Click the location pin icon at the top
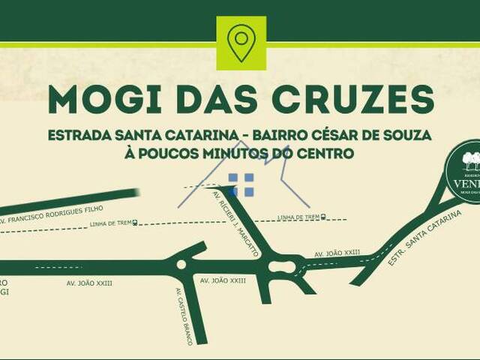click(241, 42)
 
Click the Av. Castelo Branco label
click(184, 316)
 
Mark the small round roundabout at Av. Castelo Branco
click(181, 264)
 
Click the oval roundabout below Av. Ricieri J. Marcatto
click(281, 265)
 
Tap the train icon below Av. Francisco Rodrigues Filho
click(135, 223)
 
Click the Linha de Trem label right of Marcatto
click(298, 217)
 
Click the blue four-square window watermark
click(241, 184)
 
